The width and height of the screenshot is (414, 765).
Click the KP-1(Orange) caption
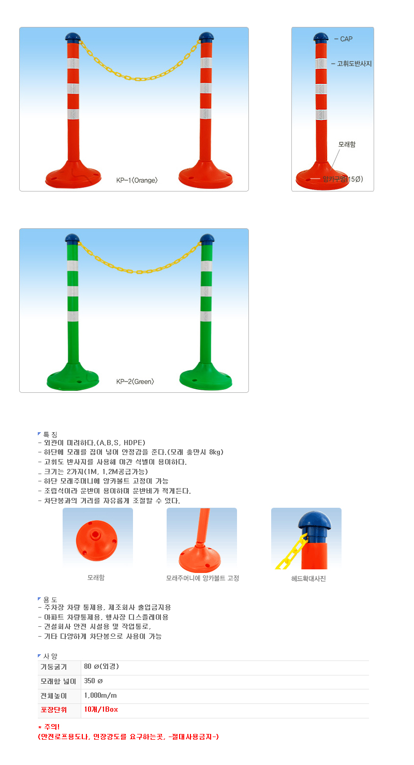pos(137,181)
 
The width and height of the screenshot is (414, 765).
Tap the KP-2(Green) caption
pos(135,382)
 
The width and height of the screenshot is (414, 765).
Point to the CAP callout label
pos(346,39)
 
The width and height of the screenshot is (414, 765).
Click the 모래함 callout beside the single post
pos(347,144)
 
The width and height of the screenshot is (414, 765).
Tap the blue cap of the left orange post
pos(72,37)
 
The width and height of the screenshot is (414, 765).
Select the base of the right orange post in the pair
pos(205,175)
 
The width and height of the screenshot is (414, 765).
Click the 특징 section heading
pos(50,434)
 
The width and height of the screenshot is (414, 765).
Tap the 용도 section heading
pos(50,599)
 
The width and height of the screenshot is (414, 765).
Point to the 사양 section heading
pos(50,656)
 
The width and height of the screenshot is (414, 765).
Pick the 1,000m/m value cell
pos(100,695)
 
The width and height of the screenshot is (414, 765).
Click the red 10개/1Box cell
pos(100,710)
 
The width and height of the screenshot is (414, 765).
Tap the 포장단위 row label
pos(58,710)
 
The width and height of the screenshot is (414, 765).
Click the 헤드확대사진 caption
pos(308,579)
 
